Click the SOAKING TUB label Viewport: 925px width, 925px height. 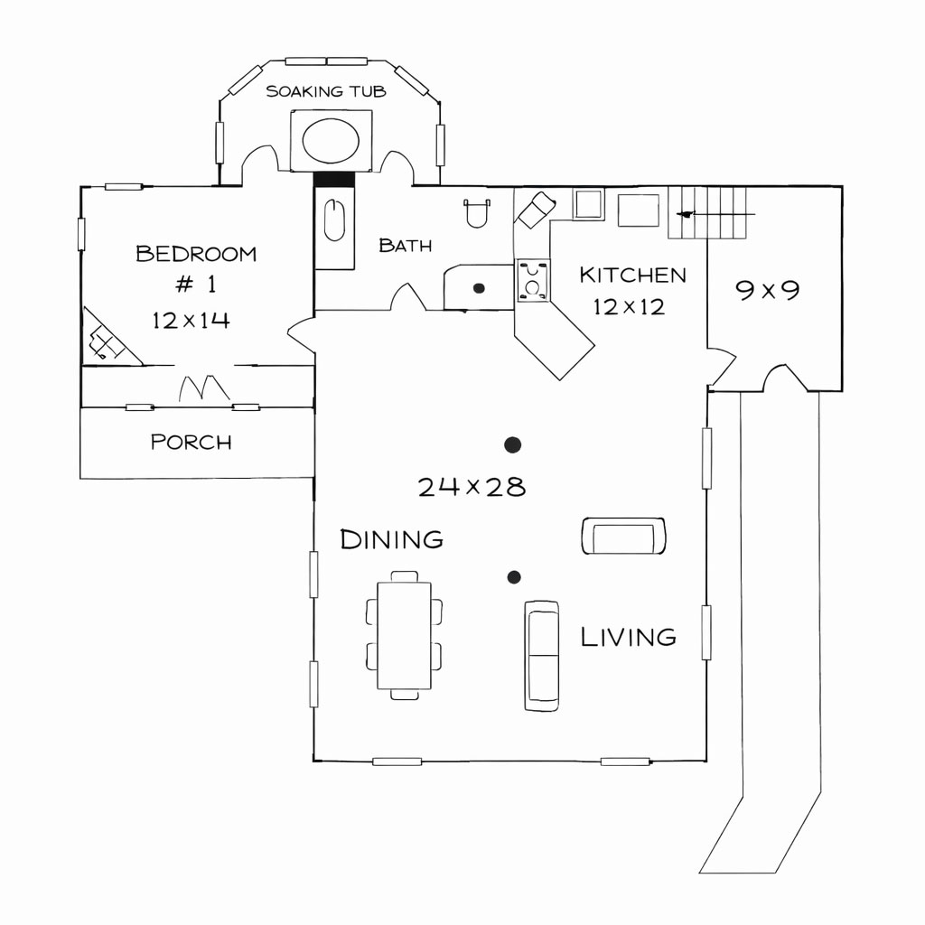click(326, 91)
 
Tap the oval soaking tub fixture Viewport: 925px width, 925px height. click(331, 139)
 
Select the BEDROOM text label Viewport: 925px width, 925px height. click(196, 254)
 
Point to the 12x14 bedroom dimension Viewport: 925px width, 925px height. click(191, 320)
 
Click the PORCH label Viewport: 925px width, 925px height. click(191, 442)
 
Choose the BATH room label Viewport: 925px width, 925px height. click(405, 245)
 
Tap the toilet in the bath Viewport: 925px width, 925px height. click(476, 212)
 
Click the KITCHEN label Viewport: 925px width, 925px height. click(632, 275)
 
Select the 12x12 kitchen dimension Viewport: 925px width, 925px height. click(629, 307)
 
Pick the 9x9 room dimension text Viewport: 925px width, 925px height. click(767, 290)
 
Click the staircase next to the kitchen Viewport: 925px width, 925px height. click(710, 213)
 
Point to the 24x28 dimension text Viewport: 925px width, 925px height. click(472, 488)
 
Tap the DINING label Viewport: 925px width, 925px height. click(391, 540)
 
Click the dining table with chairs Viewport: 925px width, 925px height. click(405, 635)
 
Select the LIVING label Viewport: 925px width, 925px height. click(628, 637)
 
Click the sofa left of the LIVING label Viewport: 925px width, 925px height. click(541, 655)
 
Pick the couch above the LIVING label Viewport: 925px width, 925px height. click(622, 536)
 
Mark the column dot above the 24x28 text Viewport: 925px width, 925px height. click(513, 444)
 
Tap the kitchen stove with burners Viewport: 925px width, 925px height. click(533, 279)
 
